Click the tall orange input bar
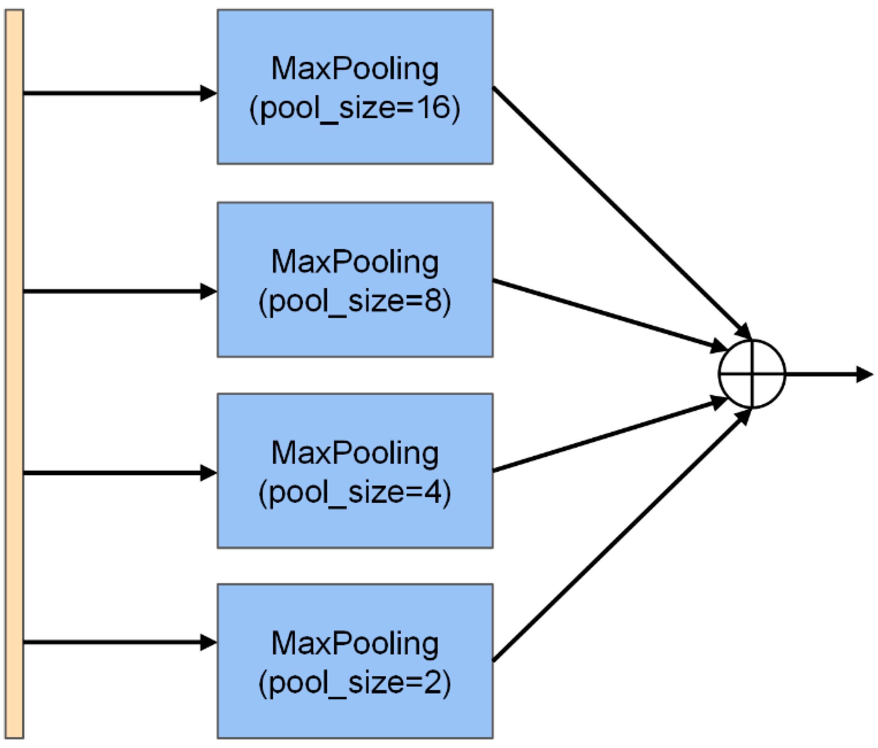click(14, 373)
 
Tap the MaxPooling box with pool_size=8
click(355, 334)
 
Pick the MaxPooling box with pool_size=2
click(355, 716)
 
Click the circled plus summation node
click(752, 374)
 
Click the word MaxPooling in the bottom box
click(355, 644)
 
